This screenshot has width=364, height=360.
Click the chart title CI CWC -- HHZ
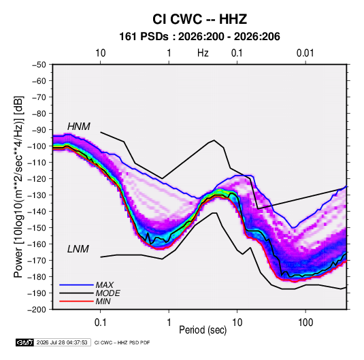tap(199, 19)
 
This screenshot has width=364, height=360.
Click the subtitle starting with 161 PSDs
tap(199, 37)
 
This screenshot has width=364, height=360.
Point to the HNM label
tap(79, 127)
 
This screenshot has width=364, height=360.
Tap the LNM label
tap(78, 249)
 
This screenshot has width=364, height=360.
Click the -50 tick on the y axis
tap(39, 65)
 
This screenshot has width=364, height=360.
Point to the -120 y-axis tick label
tap(37, 179)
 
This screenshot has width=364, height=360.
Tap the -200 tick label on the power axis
tap(37, 310)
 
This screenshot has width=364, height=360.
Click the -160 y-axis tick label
tap(37, 244)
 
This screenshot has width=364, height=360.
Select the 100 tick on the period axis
tap(305, 323)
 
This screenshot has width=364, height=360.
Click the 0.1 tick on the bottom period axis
tap(101, 323)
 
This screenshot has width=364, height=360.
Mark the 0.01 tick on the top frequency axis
tap(305, 53)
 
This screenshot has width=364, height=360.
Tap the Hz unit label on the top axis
tap(203, 53)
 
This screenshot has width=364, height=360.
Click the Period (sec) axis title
tap(203, 330)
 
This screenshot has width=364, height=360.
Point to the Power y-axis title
tap(18, 187)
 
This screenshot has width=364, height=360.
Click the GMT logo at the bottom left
tap(25, 342)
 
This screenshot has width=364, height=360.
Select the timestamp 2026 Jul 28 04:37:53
tap(62, 342)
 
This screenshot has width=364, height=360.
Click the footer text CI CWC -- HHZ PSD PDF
tap(122, 342)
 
